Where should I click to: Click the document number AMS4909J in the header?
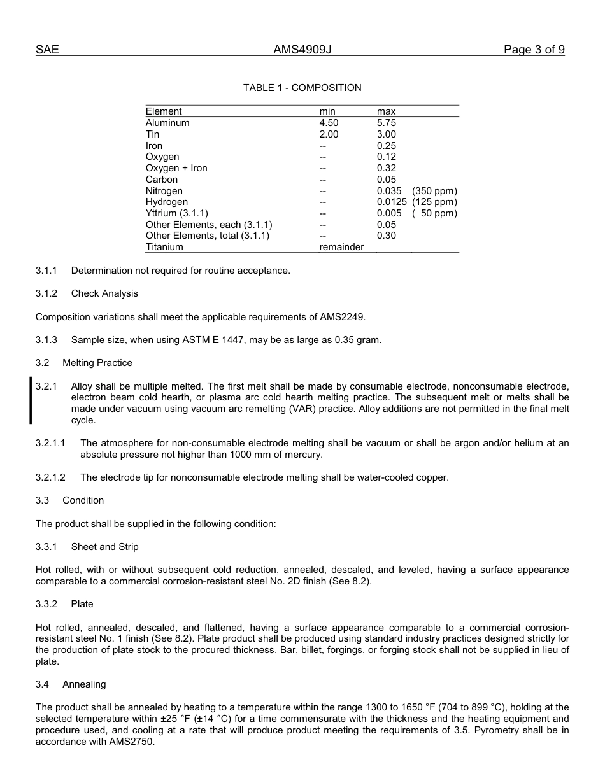tap(302, 50)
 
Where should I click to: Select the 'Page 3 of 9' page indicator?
tap(534, 50)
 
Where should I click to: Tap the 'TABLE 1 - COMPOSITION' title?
tap(302, 88)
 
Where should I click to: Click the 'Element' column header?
tap(164, 111)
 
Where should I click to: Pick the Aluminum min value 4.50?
tap(329, 123)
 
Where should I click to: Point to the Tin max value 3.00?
tap(386, 134)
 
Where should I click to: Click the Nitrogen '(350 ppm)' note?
tap(434, 191)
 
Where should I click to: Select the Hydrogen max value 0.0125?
tap(392, 202)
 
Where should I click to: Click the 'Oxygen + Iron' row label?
tap(176, 168)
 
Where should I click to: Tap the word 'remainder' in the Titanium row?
tap(341, 247)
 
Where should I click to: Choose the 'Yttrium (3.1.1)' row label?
tap(176, 213)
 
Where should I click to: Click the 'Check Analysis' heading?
tap(104, 293)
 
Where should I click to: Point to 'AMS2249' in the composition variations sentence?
tap(345, 317)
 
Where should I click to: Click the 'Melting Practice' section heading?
tap(97, 363)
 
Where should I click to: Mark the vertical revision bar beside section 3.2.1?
tap(31, 400)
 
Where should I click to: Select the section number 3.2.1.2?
tap(50, 477)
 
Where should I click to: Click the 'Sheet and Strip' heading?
tap(104, 547)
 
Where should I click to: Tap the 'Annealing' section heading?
tap(84, 684)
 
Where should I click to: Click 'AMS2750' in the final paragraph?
tap(134, 742)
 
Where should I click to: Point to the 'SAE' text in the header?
tap(47, 50)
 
